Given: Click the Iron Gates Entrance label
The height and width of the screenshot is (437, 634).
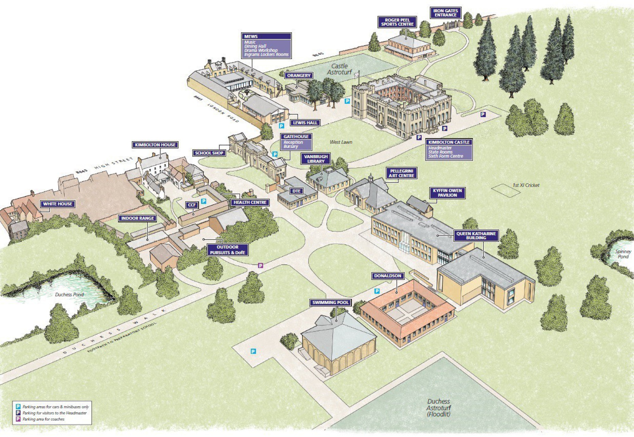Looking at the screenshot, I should tap(445, 13).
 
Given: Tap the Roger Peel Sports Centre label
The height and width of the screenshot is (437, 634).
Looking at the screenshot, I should tap(397, 22).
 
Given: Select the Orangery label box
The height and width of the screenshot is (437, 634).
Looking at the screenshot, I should tap(299, 76).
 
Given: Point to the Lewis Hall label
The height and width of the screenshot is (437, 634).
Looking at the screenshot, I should tap(305, 123).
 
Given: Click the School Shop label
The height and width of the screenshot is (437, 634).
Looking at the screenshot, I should tap(209, 153).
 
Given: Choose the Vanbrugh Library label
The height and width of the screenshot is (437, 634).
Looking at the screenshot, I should tap(316, 159).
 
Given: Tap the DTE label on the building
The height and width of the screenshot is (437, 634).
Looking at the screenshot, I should tap(296, 191).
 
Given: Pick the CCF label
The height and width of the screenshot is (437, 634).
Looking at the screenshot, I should tap(192, 205).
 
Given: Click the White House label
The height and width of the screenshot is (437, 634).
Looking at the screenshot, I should tap(57, 204).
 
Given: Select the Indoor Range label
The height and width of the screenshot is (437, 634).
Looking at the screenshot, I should tap(137, 218).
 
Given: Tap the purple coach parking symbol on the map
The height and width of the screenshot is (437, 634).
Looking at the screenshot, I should tap(261, 266).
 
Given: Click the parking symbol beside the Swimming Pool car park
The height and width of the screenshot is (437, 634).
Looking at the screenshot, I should tap(253, 351).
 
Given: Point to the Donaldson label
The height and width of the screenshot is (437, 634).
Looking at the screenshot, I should tap(387, 276).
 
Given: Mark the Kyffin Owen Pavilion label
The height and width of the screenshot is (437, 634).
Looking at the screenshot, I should tap(447, 193).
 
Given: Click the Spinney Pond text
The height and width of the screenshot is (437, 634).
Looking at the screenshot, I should tap(623, 254).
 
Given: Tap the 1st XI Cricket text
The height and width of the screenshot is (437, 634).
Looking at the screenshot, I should tap(526, 185).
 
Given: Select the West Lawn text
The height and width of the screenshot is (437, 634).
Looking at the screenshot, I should tap(341, 142).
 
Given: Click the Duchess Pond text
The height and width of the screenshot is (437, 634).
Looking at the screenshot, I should tap(69, 295).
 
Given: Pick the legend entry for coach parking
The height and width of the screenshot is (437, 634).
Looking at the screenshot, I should tap(43, 419).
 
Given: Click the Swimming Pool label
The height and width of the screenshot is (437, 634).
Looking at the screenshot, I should tap(330, 303).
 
